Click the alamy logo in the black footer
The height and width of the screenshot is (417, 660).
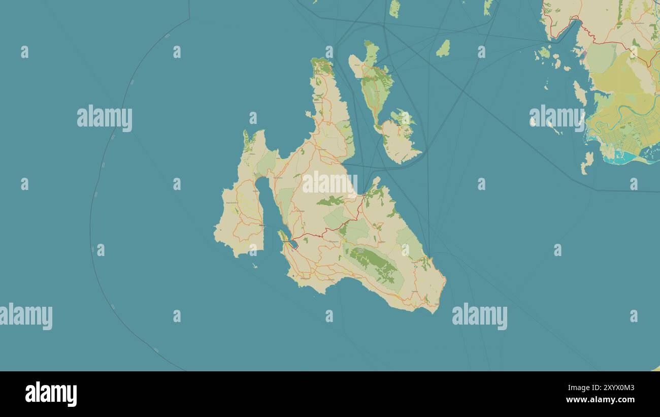[51, 394]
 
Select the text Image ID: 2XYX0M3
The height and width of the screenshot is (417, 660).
[607, 388]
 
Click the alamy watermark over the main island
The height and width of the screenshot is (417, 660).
[329, 184]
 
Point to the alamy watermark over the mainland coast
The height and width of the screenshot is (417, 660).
[557, 118]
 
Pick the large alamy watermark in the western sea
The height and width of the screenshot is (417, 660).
[105, 118]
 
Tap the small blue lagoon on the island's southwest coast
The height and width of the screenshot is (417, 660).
[293, 244]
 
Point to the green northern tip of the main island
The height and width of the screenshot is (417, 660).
[322, 66]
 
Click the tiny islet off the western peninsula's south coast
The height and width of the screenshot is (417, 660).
[255, 265]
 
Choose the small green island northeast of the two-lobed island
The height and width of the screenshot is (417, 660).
[443, 48]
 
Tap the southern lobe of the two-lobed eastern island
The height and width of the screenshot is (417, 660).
[399, 142]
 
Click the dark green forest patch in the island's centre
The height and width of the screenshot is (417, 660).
[330, 201]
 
